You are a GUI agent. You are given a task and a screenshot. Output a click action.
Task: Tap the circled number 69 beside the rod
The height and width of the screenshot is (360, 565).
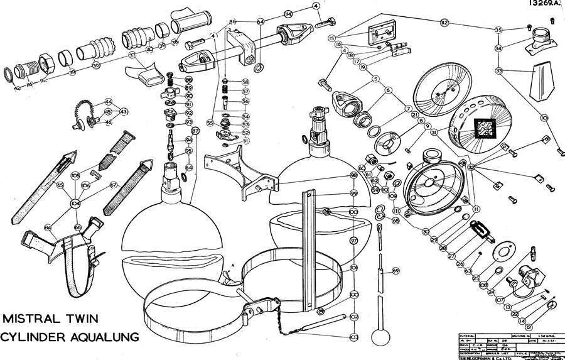[395, 270]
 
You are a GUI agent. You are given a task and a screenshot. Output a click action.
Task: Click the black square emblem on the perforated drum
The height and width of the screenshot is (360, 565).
[485, 129]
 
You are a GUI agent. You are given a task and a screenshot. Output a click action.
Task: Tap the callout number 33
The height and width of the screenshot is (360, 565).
[498, 71]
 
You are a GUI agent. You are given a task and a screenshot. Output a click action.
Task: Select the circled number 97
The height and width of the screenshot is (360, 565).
[353, 241]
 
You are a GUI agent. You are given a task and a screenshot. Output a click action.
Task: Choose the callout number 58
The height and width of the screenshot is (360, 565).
[245, 82]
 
